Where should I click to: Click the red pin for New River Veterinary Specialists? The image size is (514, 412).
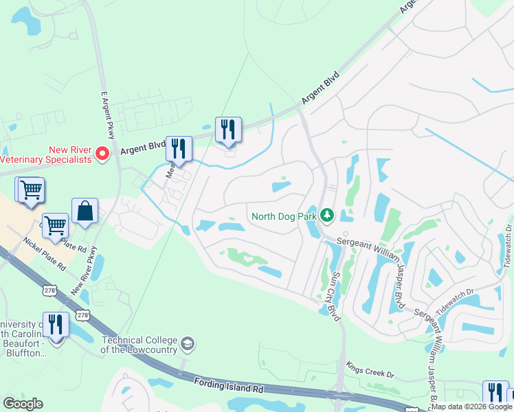tap(104, 153)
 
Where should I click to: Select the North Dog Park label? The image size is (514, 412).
tap(284, 216)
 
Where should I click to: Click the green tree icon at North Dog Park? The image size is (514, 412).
tap(328, 216)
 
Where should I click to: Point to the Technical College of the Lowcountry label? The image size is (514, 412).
tap(139, 345)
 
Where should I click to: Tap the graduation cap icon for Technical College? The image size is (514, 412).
tap(188, 343)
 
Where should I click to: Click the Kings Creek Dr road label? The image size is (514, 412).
tap(370, 370)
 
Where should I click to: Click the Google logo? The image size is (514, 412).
tap(23, 403)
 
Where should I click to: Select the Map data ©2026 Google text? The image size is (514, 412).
tap(471, 407)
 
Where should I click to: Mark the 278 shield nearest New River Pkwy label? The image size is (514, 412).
tap(82, 314)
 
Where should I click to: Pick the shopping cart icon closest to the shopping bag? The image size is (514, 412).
tap(55, 225)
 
